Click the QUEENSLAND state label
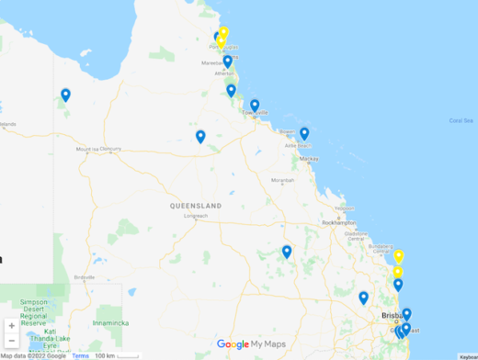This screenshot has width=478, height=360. [195, 206]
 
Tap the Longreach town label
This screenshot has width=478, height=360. [196, 216]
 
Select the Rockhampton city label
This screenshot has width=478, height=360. [338, 222]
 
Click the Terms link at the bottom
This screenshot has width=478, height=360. [81, 355]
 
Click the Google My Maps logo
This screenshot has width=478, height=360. [251, 344]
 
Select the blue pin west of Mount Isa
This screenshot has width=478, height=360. [65, 95]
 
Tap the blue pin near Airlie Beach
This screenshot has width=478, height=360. [304, 133]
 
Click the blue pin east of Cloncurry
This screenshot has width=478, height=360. [200, 137]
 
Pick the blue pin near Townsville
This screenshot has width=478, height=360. [255, 106]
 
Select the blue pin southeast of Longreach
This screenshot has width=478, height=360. [287, 252]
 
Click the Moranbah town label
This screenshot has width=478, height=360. [282, 180]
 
